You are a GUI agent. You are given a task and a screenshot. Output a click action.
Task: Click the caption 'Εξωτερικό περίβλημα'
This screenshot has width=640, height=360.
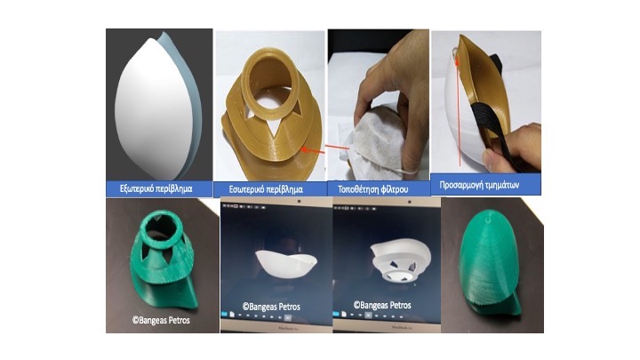(156, 189)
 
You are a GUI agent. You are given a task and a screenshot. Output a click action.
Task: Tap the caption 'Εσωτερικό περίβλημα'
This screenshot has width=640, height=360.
(266, 189)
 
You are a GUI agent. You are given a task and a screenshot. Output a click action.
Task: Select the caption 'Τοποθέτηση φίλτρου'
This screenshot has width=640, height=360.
(372, 189)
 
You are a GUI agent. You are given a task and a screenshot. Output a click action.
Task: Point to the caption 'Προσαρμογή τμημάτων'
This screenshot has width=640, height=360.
(479, 185)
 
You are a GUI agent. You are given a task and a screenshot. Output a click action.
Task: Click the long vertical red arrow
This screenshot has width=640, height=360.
(459, 111)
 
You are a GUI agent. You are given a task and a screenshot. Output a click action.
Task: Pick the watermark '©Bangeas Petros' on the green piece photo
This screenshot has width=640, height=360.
(161, 320)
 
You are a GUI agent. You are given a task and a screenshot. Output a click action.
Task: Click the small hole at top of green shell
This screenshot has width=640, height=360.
(487, 220)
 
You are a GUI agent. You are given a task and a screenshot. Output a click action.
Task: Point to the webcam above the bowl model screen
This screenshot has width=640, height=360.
(300, 201)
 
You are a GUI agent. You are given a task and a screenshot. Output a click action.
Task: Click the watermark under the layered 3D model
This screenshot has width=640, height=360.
(382, 305)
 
